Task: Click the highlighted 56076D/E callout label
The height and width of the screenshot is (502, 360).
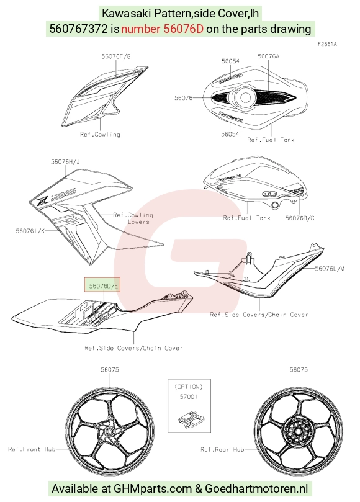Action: [102, 285]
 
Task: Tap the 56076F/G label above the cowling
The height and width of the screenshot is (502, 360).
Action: [116, 56]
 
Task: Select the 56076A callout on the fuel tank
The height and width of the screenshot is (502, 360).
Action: [268, 56]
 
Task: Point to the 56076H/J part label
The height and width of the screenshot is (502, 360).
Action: [65, 162]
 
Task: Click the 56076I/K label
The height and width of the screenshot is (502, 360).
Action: [30, 230]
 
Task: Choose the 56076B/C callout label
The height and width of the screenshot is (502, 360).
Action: [300, 218]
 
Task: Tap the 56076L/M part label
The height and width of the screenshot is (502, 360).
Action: [330, 269]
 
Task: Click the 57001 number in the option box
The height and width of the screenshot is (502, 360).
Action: [189, 397]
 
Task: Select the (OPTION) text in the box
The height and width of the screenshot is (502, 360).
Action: [189, 387]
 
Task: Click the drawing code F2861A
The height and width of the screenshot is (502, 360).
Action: [327, 44]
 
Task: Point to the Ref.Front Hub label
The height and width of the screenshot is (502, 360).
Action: [32, 449]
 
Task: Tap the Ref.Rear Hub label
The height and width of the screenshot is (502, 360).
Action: [222, 449]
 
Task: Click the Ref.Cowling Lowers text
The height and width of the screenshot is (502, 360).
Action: [133, 218]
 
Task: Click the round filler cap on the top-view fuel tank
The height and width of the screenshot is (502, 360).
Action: [245, 97]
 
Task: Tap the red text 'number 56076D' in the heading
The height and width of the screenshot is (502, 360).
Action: [162, 29]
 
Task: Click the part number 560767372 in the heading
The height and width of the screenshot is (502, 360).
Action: [78, 29]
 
